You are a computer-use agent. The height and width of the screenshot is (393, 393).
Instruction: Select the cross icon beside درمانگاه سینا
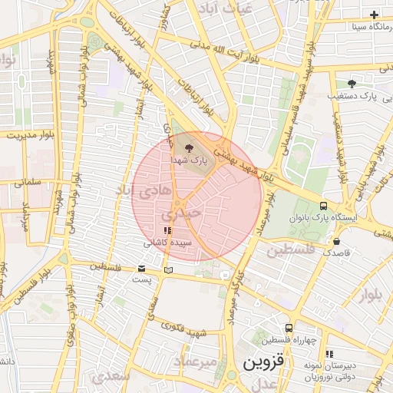point(374,15)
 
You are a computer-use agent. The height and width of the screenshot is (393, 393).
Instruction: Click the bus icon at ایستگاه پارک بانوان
point(323,206)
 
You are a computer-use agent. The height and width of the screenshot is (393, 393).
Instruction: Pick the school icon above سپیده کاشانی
point(167,230)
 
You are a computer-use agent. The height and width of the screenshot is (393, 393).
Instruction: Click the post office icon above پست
point(142,269)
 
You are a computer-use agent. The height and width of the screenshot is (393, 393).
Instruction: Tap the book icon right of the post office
point(168,269)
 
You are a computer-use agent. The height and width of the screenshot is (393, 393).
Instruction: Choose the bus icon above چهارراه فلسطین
point(289,327)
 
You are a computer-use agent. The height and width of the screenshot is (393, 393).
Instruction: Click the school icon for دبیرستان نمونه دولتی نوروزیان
point(330,354)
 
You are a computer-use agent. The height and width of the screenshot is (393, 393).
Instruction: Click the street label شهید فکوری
point(189,330)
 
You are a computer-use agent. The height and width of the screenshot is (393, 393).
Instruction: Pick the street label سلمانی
point(23,183)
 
